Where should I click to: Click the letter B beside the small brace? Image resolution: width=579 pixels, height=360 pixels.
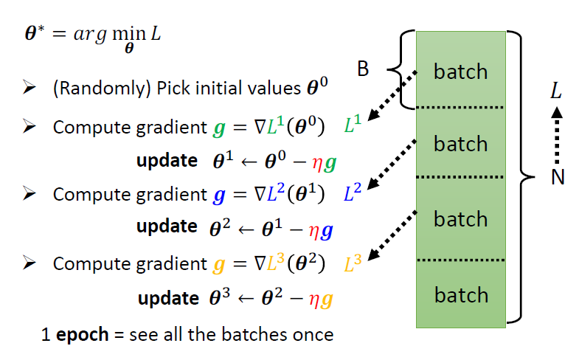[x=363, y=70]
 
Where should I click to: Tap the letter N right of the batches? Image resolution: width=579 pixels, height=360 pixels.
[x=557, y=179]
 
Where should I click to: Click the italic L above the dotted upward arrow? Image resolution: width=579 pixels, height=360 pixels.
[x=556, y=91]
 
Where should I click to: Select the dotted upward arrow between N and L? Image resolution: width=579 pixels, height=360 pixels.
[x=557, y=136]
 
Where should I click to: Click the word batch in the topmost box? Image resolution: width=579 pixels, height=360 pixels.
[x=461, y=72]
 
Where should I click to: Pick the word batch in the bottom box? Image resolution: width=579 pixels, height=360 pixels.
[x=461, y=295]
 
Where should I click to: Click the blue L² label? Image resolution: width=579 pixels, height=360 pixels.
[x=353, y=194]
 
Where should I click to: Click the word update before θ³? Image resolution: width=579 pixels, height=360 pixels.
[x=167, y=299]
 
